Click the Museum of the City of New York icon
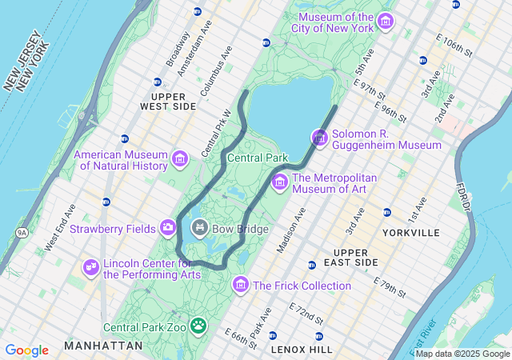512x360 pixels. tap(386, 20)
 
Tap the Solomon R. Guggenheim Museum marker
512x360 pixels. tap(320, 138)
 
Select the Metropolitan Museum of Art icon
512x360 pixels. tap(280, 182)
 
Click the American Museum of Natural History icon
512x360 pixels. tap(179, 158)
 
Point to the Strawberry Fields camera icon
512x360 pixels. tap(168, 228)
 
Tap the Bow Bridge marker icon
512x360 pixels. tap(199, 229)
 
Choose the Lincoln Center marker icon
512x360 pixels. tap(91, 266)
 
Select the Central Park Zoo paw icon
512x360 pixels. tap(198, 326)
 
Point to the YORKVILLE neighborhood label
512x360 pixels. tap(411, 233)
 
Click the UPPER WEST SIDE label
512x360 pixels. tap(168, 101)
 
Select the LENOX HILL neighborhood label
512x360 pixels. tap(301, 349)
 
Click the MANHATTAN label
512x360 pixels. tap(103, 346)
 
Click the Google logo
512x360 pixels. tap(26, 350)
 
